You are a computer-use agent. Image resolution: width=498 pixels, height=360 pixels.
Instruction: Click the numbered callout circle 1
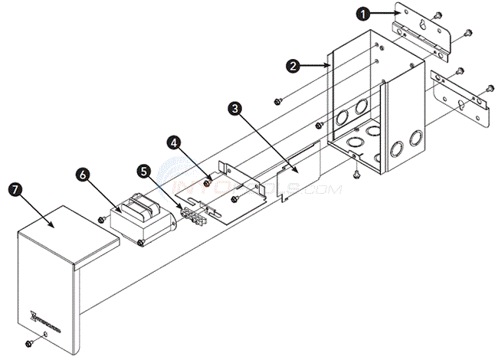[365, 13]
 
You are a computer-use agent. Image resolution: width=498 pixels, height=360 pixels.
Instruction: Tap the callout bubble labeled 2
[292, 66]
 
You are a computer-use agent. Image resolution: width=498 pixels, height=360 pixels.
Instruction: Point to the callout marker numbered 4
[175, 142]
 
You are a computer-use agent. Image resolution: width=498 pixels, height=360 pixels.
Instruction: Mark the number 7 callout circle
[13, 188]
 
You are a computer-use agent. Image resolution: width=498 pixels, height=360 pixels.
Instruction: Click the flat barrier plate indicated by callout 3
[297, 175]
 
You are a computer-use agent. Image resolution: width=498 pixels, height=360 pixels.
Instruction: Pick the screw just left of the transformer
[102, 220]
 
